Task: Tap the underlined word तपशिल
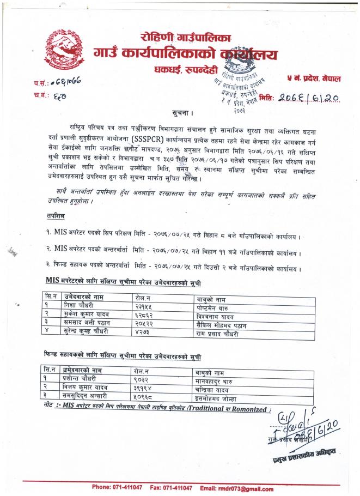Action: point(55,216)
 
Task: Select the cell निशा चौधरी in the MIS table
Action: point(82,306)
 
